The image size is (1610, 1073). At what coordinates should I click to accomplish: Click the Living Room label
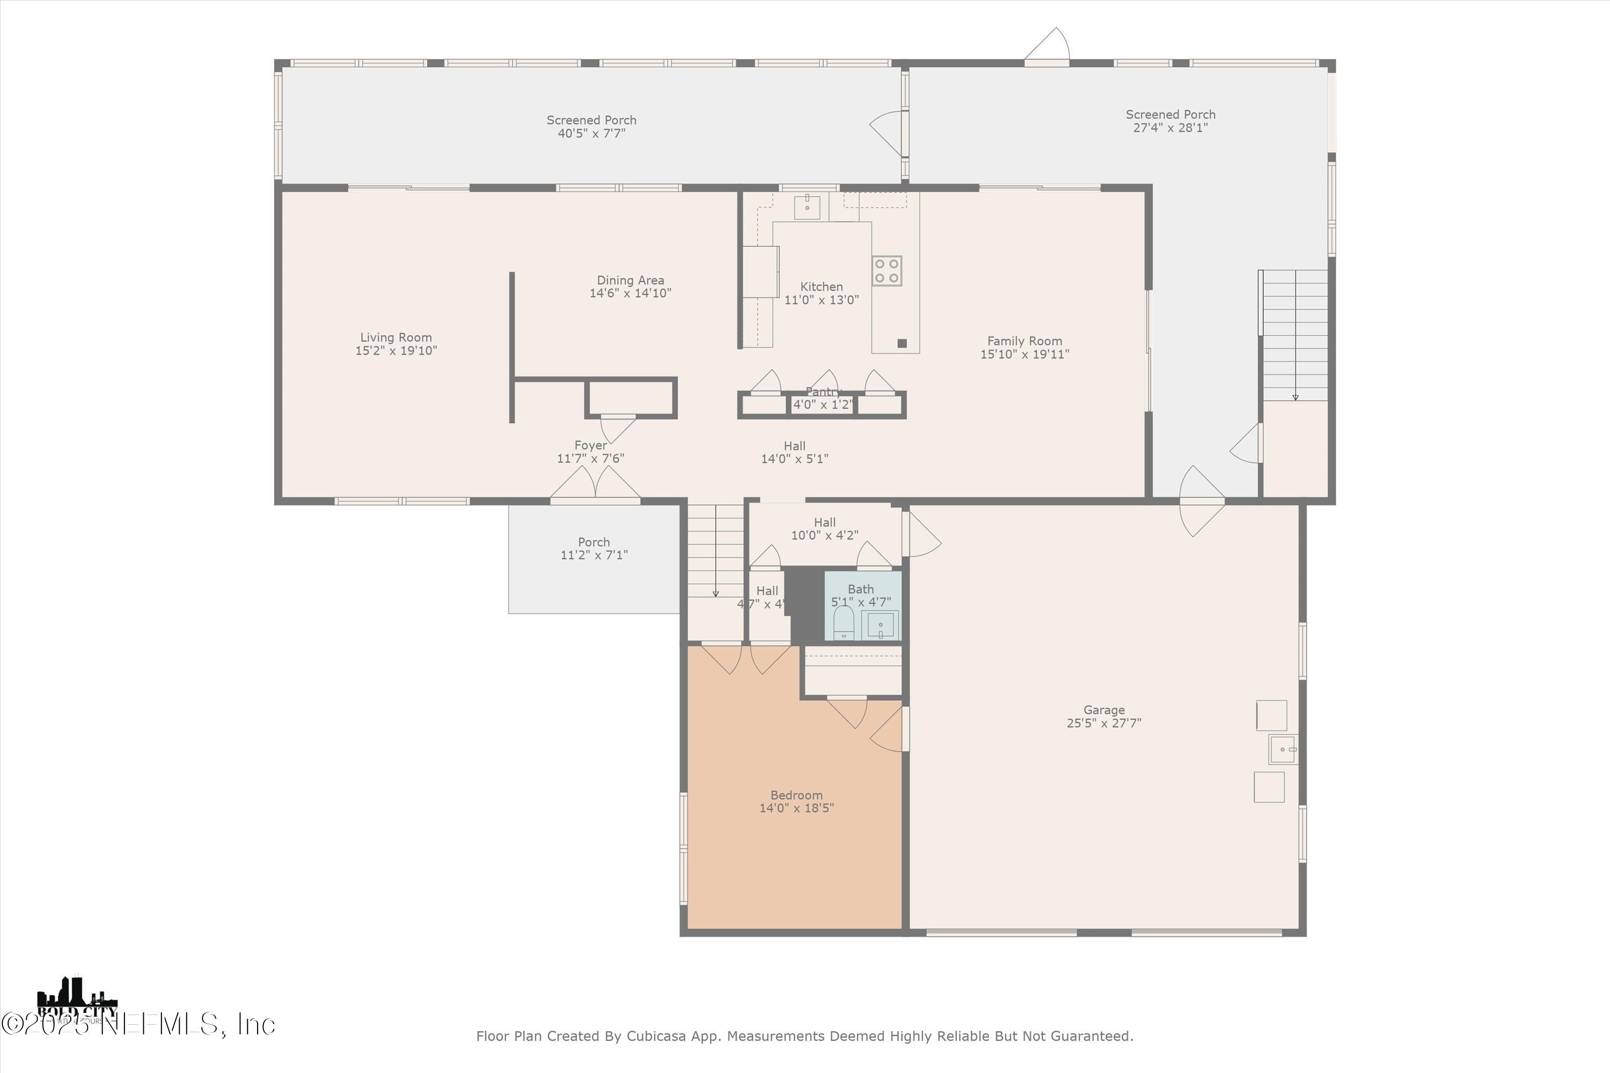coord(396,337)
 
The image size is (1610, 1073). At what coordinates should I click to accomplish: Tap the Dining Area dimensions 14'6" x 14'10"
coord(630,293)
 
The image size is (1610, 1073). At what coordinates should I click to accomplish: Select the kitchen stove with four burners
coord(887,270)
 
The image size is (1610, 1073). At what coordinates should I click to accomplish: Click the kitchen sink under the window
coord(807,207)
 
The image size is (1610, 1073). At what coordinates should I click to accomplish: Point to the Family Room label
coord(1024,341)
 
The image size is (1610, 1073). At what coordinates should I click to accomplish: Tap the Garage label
coord(1103,710)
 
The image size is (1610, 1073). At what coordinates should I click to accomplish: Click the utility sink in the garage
coord(1282,749)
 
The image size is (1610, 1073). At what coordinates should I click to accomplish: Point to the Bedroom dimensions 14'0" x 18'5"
coord(796,808)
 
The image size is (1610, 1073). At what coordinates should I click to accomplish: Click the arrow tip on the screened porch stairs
coord(1295,398)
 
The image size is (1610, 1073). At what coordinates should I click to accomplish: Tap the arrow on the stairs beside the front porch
coord(715,593)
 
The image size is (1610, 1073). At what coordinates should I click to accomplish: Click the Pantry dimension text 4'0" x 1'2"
coord(822,405)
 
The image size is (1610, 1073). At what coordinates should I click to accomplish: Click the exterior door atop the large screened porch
coord(1046,48)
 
